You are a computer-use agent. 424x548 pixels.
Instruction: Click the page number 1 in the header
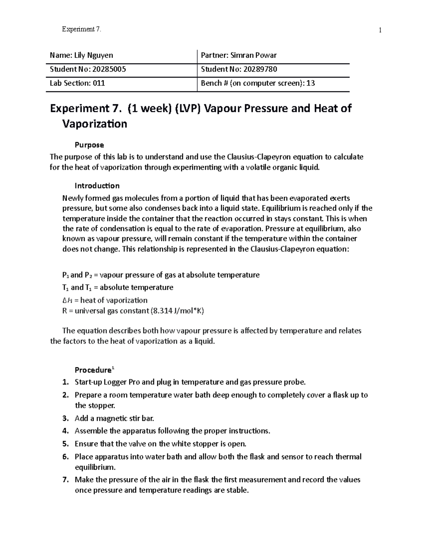[380, 30]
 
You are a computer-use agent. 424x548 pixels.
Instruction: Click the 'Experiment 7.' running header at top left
[81, 30]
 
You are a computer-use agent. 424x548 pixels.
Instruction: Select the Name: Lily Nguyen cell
[82, 55]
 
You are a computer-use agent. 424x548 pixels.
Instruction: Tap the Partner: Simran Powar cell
[238, 55]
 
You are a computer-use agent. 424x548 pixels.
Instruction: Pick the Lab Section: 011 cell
[77, 83]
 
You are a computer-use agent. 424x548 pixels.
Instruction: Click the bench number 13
[311, 83]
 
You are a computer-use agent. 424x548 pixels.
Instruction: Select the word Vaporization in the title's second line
[94, 124]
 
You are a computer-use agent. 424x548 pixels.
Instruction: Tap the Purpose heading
[89, 145]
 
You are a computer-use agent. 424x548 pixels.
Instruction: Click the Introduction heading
[97, 186]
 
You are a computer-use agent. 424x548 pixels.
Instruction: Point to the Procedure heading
[93, 370]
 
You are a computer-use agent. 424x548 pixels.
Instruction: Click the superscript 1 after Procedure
[113, 368]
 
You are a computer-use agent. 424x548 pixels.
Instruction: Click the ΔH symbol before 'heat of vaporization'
[67, 300]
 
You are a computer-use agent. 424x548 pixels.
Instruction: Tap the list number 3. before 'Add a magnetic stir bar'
[65, 418]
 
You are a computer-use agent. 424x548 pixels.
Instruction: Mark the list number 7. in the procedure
[65, 480]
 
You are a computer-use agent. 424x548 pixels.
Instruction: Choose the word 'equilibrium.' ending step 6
[95, 467]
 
